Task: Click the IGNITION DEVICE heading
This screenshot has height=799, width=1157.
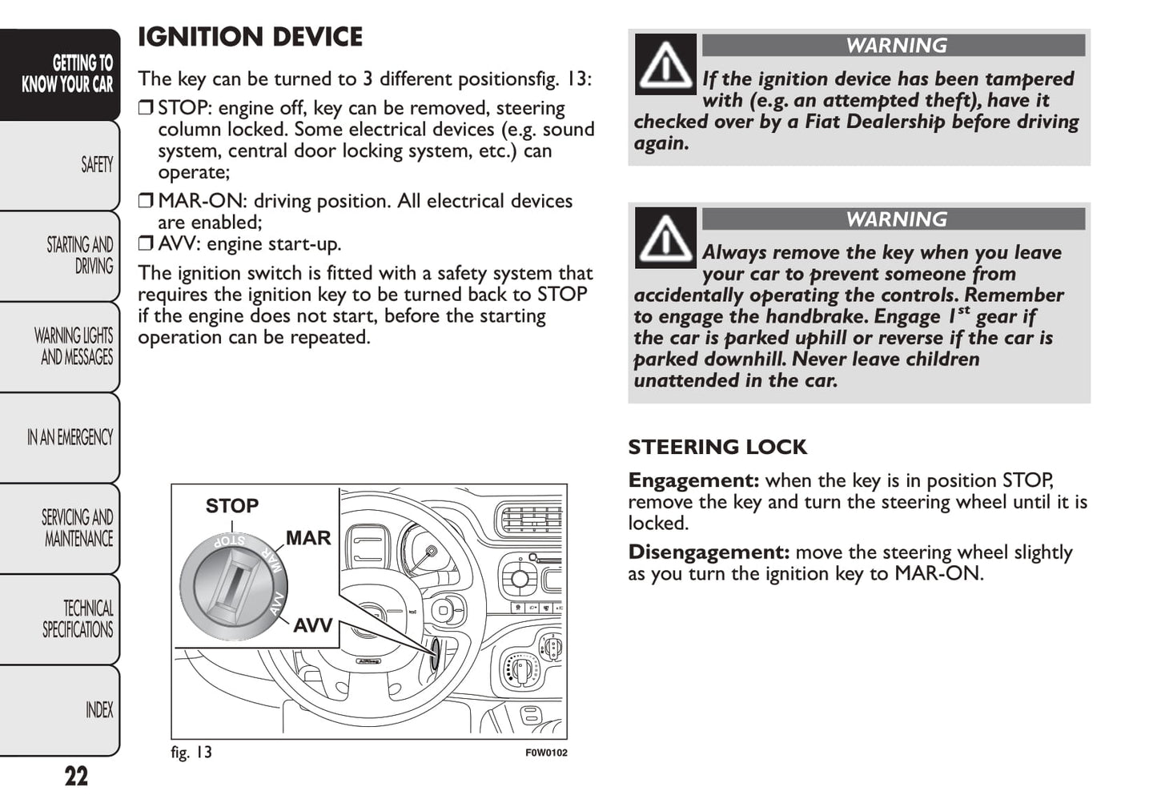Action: [250, 37]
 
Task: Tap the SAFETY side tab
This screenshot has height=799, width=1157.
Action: [96, 165]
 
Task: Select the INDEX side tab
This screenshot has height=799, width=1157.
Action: [99, 710]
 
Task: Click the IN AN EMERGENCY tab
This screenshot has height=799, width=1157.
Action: [70, 437]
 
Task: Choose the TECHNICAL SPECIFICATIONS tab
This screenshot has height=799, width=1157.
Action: [78, 619]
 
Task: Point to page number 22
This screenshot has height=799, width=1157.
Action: [76, 777]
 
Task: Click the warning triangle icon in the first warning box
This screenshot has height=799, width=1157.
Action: [665, 65]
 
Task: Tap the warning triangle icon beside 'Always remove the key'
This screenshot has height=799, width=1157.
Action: [665, 238]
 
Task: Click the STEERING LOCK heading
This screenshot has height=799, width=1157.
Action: [717, 447]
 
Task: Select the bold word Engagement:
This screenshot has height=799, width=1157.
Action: [693, 480]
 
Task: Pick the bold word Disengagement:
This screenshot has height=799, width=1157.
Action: [709, 552]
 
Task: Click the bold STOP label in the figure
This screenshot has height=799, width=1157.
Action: [232, 506]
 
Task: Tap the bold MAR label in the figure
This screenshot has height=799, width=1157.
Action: [308, 538]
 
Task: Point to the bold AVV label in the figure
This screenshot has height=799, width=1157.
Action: [313, 625]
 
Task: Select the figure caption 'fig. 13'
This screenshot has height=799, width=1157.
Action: [191, 753]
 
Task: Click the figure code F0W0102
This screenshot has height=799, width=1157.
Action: [546, 753]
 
